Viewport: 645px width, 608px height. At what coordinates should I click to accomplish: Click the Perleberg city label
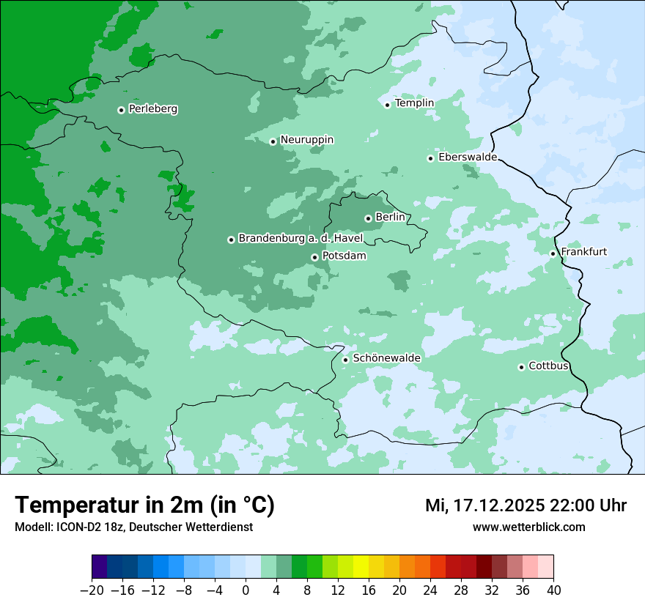(x=152, y=109)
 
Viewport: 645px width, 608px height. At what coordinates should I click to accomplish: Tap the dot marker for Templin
(x=387, y=105)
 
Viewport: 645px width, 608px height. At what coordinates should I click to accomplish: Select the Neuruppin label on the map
(x=306, y=140)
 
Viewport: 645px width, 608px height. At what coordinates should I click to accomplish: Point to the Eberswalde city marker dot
(x=430, y=158)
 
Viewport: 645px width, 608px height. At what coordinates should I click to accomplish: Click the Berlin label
(x=390, y=218)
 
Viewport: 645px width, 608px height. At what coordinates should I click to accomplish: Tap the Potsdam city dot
(x=314, y=257)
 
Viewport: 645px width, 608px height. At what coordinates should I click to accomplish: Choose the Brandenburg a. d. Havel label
(x=300, y=239)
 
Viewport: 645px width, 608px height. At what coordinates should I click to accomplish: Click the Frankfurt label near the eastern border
(x=583, y=252)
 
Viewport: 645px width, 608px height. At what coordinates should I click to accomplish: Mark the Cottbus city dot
(x=521, y=367)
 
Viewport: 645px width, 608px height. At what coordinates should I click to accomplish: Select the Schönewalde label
(x=386, y=358)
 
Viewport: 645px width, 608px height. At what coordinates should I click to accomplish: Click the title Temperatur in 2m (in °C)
(x=144, y=505)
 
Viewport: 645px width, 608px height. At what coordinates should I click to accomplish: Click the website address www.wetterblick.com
(x=528, y=527)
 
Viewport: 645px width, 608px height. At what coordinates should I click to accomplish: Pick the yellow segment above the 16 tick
(x=361, y=567)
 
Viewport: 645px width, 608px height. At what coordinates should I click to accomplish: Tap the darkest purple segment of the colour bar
(x=99, y=567)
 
